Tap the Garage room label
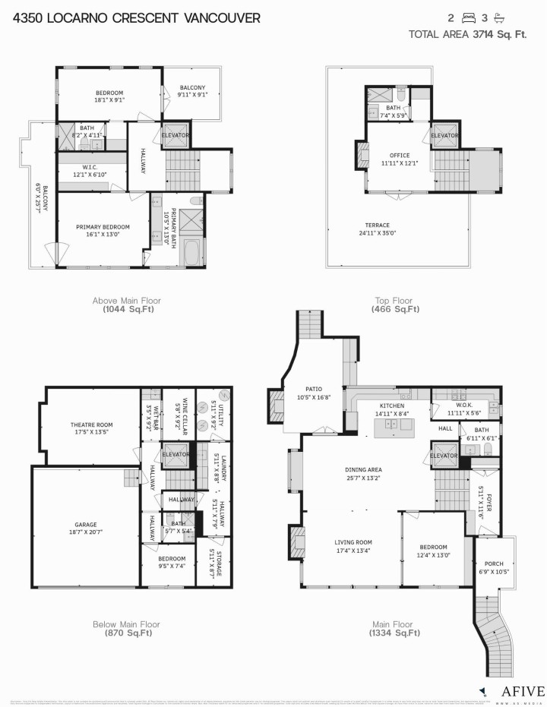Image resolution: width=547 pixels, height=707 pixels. (86, 525)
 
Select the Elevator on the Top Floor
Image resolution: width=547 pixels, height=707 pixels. (444, 136)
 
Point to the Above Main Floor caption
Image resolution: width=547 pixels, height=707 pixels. (126, 301)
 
